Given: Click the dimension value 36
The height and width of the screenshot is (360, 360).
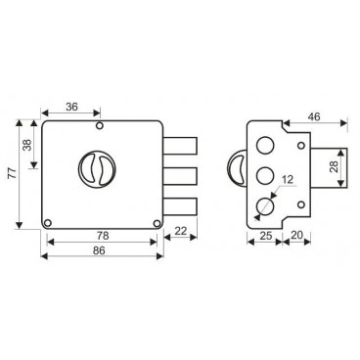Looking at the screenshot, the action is (71, 107).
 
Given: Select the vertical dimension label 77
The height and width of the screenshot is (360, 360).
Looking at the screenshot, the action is (12, 173).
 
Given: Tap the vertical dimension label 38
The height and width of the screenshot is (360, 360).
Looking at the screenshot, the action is (27, 145).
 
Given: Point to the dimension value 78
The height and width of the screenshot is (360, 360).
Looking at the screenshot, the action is (103, 235).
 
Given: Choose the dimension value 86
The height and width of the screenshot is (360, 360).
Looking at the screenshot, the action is (99, 250).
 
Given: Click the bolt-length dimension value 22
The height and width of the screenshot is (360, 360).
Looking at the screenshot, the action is (181, 231).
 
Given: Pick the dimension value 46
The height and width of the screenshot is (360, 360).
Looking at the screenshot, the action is (314, 116).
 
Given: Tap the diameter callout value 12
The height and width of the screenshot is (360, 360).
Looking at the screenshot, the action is (288, 179).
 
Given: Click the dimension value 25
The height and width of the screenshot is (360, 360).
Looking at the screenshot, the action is (266, 235).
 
